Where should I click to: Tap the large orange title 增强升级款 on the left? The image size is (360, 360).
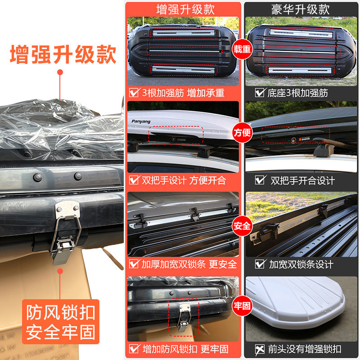point(63,55)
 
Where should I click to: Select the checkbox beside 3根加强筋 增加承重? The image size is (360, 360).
point(134,93)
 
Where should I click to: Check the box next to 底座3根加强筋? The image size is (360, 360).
point(260,93)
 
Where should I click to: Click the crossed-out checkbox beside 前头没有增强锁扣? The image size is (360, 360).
point(260,349)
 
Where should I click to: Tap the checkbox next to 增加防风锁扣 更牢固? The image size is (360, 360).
point(134,349)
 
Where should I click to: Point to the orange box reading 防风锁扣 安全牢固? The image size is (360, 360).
point(60,322)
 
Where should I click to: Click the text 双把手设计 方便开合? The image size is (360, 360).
point(184,180)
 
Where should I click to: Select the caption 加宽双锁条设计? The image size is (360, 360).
point(301,264)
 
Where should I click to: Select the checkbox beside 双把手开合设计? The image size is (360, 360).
point(260,180)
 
